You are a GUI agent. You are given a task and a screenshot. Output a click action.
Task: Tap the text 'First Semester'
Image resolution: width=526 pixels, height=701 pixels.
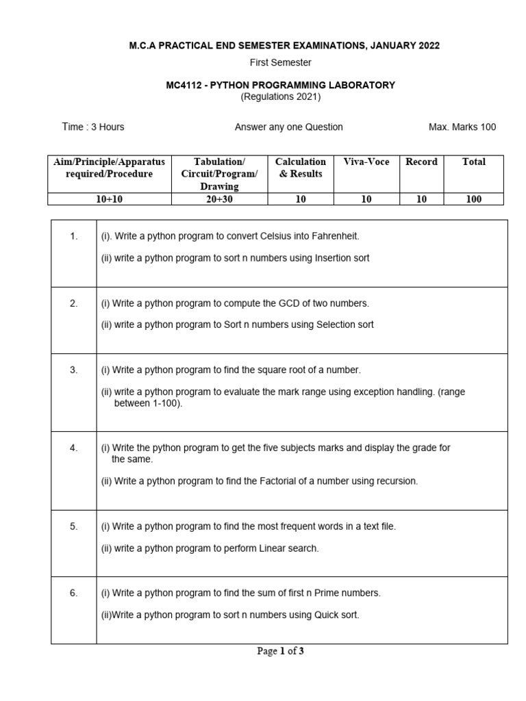[x=280, y=62]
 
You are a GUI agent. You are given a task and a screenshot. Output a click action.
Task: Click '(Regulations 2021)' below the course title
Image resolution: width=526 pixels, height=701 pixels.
[x=280, y=97]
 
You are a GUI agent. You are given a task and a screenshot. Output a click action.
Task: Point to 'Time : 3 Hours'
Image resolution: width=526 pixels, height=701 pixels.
[x=93, y=127]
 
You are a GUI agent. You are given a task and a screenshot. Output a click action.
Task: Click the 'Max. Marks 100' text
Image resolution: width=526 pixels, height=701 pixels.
[x=462, y=127]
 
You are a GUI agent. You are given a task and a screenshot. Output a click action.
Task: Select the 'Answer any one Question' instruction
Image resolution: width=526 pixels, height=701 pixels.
[x=288, y=127]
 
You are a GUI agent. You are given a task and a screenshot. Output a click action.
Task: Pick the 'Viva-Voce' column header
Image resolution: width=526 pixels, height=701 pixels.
[x=366, y=162]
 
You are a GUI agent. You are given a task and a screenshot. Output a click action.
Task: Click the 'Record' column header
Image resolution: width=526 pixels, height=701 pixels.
[x=421, y=162]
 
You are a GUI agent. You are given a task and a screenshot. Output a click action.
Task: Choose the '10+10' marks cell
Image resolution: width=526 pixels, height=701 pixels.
[x=109, y=199]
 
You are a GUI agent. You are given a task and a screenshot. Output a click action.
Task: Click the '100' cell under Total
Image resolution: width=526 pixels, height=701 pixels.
[x=473, y=199]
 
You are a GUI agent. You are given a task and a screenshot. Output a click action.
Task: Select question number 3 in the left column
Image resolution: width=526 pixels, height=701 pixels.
[x=74, y=370]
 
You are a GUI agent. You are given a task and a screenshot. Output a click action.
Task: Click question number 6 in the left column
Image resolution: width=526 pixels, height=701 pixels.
[x=74, y=594]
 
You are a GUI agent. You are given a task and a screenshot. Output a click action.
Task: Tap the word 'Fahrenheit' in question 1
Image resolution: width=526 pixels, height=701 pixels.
[x=336, y=236]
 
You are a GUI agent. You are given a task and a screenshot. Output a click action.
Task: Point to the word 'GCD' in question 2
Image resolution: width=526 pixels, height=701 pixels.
[x=286, y=303]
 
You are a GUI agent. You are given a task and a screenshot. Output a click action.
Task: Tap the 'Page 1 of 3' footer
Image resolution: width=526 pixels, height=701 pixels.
[x=280, y=652]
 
